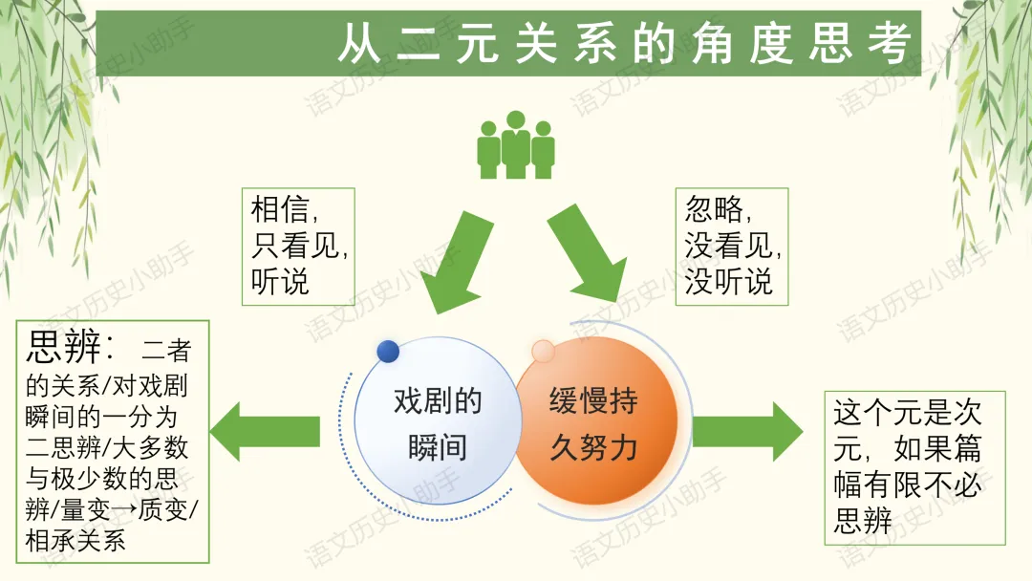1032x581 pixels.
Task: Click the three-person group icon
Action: tap(516, 145)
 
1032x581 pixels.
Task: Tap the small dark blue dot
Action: tap(388, 351)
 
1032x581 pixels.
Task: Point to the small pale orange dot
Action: tap(543, 351)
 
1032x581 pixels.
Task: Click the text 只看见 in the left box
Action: tap(297, 246)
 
